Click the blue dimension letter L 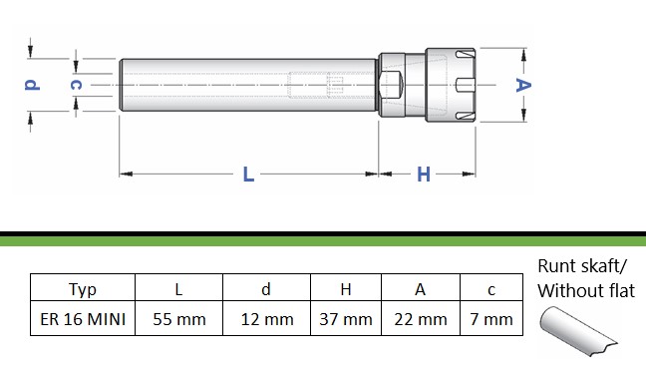248,174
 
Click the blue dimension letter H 424,174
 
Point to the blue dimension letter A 523,85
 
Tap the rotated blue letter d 32,84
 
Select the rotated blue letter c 76,85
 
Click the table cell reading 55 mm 178,318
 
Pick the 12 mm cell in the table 266,318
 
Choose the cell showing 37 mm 346,318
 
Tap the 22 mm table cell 421,318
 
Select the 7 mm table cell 491,318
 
